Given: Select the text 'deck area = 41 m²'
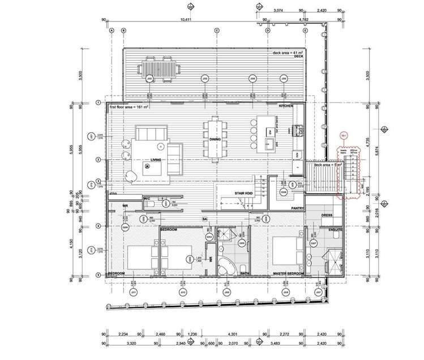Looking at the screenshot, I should pyautogui.click(x=288, y=53).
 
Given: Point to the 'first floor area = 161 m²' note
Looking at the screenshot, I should pyautogui.click(x=132, y=106).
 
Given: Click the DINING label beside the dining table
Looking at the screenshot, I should pyautogui.click(x=215, y=139).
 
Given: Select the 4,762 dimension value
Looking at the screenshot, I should pyautogui.click(x=287, y=20).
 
